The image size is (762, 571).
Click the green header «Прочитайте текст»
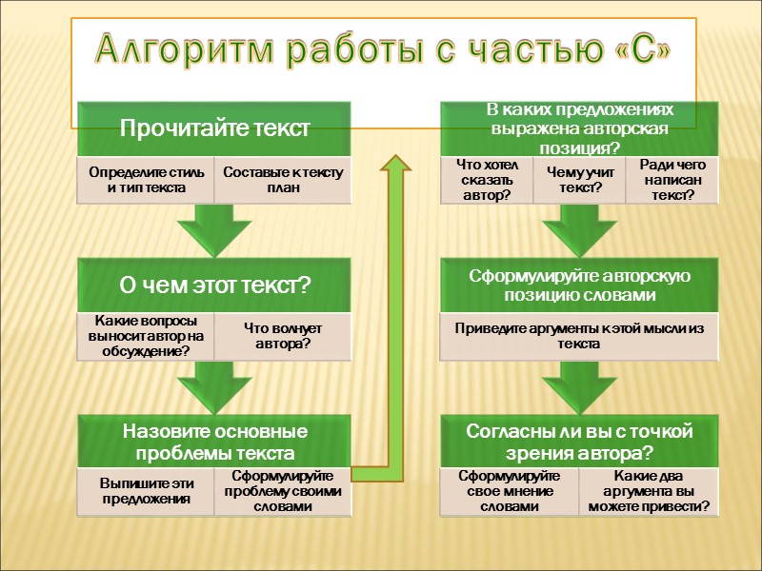tap(214, 129)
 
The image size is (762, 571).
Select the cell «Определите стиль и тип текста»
tap(145, 180)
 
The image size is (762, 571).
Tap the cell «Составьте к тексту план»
tap(283, 180)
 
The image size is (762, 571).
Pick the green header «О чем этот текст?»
tap(214, 285)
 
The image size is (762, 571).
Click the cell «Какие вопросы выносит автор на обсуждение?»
tap(145, 335)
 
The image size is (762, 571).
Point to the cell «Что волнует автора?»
tap(283, 335)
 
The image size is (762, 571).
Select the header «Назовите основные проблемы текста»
tap(214, 441)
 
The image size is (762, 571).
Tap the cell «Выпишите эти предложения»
tap(145, 490)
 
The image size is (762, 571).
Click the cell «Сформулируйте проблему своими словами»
tap(283, 491)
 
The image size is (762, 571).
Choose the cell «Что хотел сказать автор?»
tap(486, 180)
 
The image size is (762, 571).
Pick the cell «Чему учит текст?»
tap(578, 180)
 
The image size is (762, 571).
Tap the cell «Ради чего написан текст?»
tap(671, 180)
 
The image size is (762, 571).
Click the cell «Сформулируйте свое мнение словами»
tap(509, 491)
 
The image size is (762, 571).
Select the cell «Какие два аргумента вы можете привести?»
tap(649, 491)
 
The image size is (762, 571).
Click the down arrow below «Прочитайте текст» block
tap(215, 229)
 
